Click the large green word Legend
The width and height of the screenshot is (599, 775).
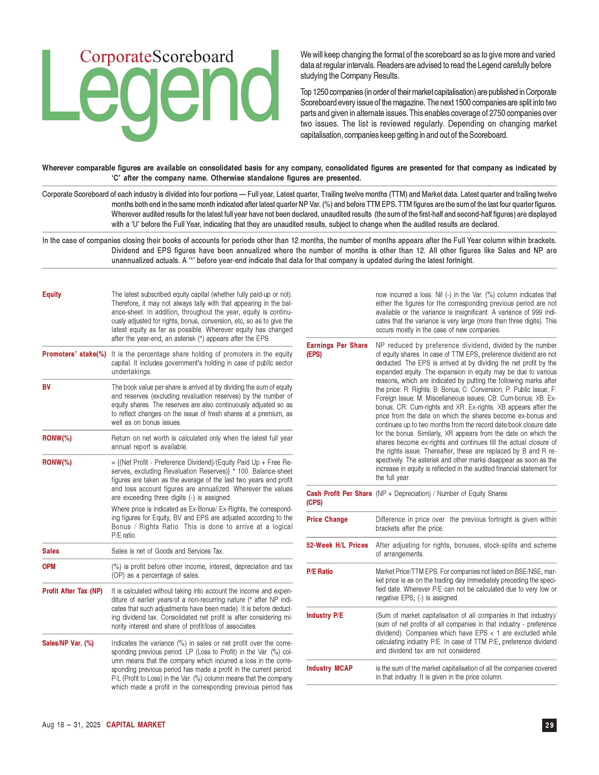coord(160,92)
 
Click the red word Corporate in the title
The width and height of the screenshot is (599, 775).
coord(115,57)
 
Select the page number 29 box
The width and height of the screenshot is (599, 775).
coord(549,725)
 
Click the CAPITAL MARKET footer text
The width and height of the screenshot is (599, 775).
coord(136,725)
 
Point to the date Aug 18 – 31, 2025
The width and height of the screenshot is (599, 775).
coord(71,725)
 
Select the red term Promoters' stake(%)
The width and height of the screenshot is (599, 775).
coord(74,354)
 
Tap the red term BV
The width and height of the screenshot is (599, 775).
coord(47,387)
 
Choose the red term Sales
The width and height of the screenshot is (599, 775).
coord(51,551)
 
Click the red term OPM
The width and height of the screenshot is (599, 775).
coord(49,567)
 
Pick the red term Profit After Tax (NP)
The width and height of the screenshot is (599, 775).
coord(72,591)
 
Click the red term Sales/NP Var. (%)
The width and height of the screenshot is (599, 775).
coord(68,643)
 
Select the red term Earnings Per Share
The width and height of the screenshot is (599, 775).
coord(337,346)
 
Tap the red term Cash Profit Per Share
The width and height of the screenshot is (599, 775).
coord(339,494)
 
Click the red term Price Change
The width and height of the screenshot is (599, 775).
coord(327,519)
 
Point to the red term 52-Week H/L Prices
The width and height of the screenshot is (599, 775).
coord(337,545)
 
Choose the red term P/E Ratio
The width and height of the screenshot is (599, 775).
coord(319,572)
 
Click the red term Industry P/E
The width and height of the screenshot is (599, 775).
coord(325,616)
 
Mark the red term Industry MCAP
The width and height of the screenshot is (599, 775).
coord(329,668)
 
